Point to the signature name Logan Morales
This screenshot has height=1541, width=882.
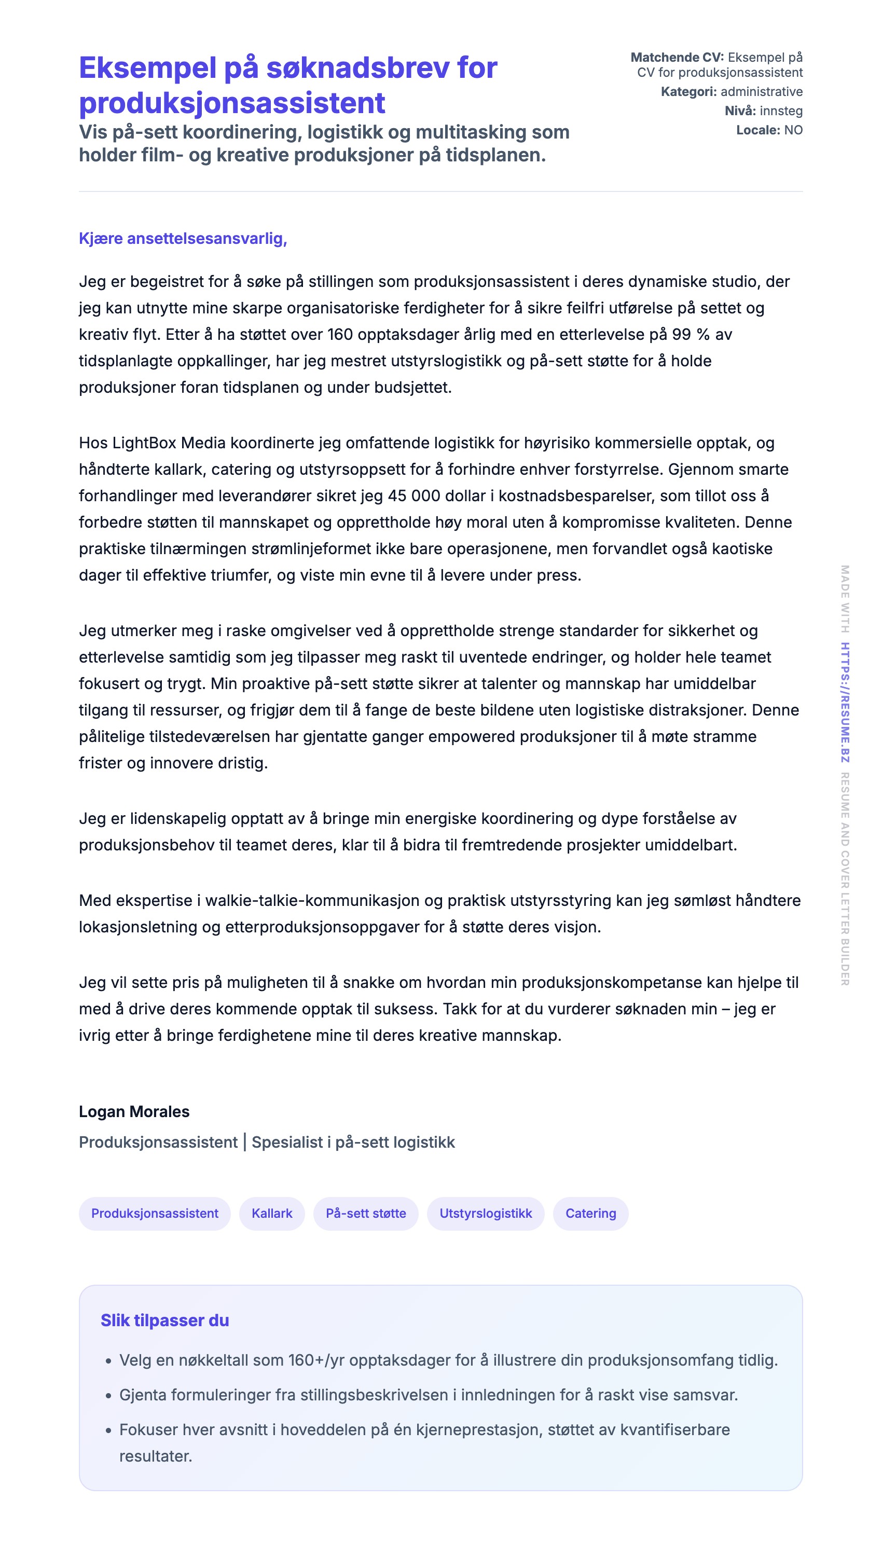(134, 1111)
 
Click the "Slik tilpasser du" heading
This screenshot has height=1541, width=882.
(165, 1320)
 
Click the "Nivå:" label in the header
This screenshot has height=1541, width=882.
(740, 111)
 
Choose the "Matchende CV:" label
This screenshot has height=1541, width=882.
(677, 58)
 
